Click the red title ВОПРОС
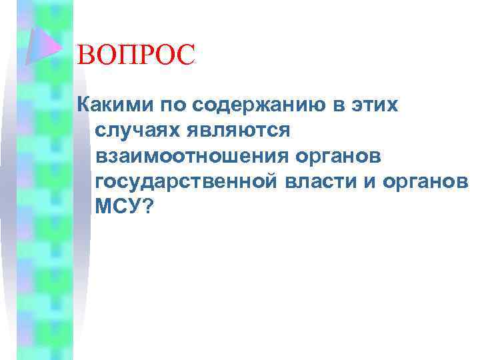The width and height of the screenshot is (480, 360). tap(136, 55)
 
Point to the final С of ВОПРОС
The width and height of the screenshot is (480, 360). tap(187, 55)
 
